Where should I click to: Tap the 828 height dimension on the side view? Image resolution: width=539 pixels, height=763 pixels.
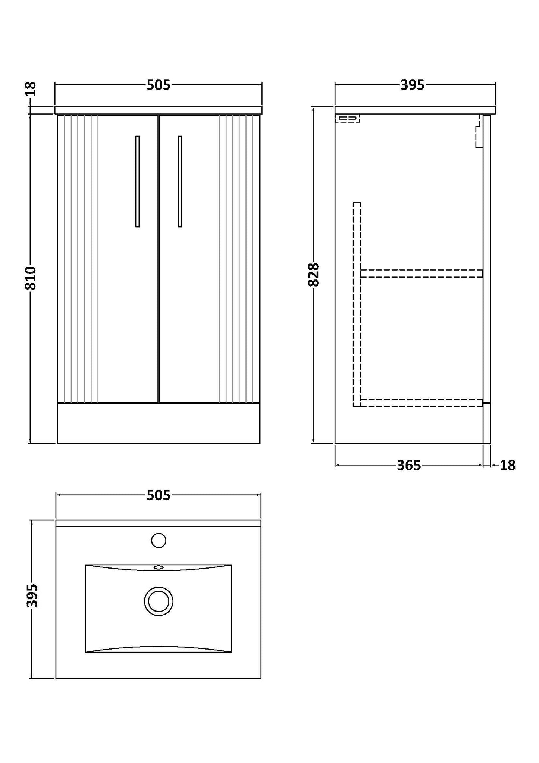[x=314, y=275]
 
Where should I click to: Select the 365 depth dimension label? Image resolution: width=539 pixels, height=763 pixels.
[x=409, y=466]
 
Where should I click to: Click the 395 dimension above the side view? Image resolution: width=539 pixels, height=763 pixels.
[x=413, y=85]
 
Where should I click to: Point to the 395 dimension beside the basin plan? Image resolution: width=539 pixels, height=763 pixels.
[x=32, y=595]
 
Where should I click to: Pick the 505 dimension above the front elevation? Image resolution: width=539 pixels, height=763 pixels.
[x=159, y=85]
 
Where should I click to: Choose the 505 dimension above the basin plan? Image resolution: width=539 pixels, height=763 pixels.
[x=159, y=495]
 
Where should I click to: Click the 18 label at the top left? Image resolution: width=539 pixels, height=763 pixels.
[x=31, y=89]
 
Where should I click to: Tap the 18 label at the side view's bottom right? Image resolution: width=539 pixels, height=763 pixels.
[x=508, y=466]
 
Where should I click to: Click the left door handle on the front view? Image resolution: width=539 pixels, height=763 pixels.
[x=138, y=181]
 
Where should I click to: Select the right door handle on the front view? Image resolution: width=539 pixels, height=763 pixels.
[x=180, y=181]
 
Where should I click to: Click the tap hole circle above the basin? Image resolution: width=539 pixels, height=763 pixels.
[x=159, y=540]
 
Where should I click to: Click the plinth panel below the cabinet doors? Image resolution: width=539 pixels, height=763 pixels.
[x=159, y=423]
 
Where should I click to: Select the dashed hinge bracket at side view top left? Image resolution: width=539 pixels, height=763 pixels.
[x=348, y=119]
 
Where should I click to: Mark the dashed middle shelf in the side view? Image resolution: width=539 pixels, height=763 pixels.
[x=422, y=273]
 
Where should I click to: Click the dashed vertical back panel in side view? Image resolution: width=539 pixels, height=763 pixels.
[x=357, y=304]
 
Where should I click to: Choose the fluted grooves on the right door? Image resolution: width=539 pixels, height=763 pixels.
[x=239, y=259]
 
